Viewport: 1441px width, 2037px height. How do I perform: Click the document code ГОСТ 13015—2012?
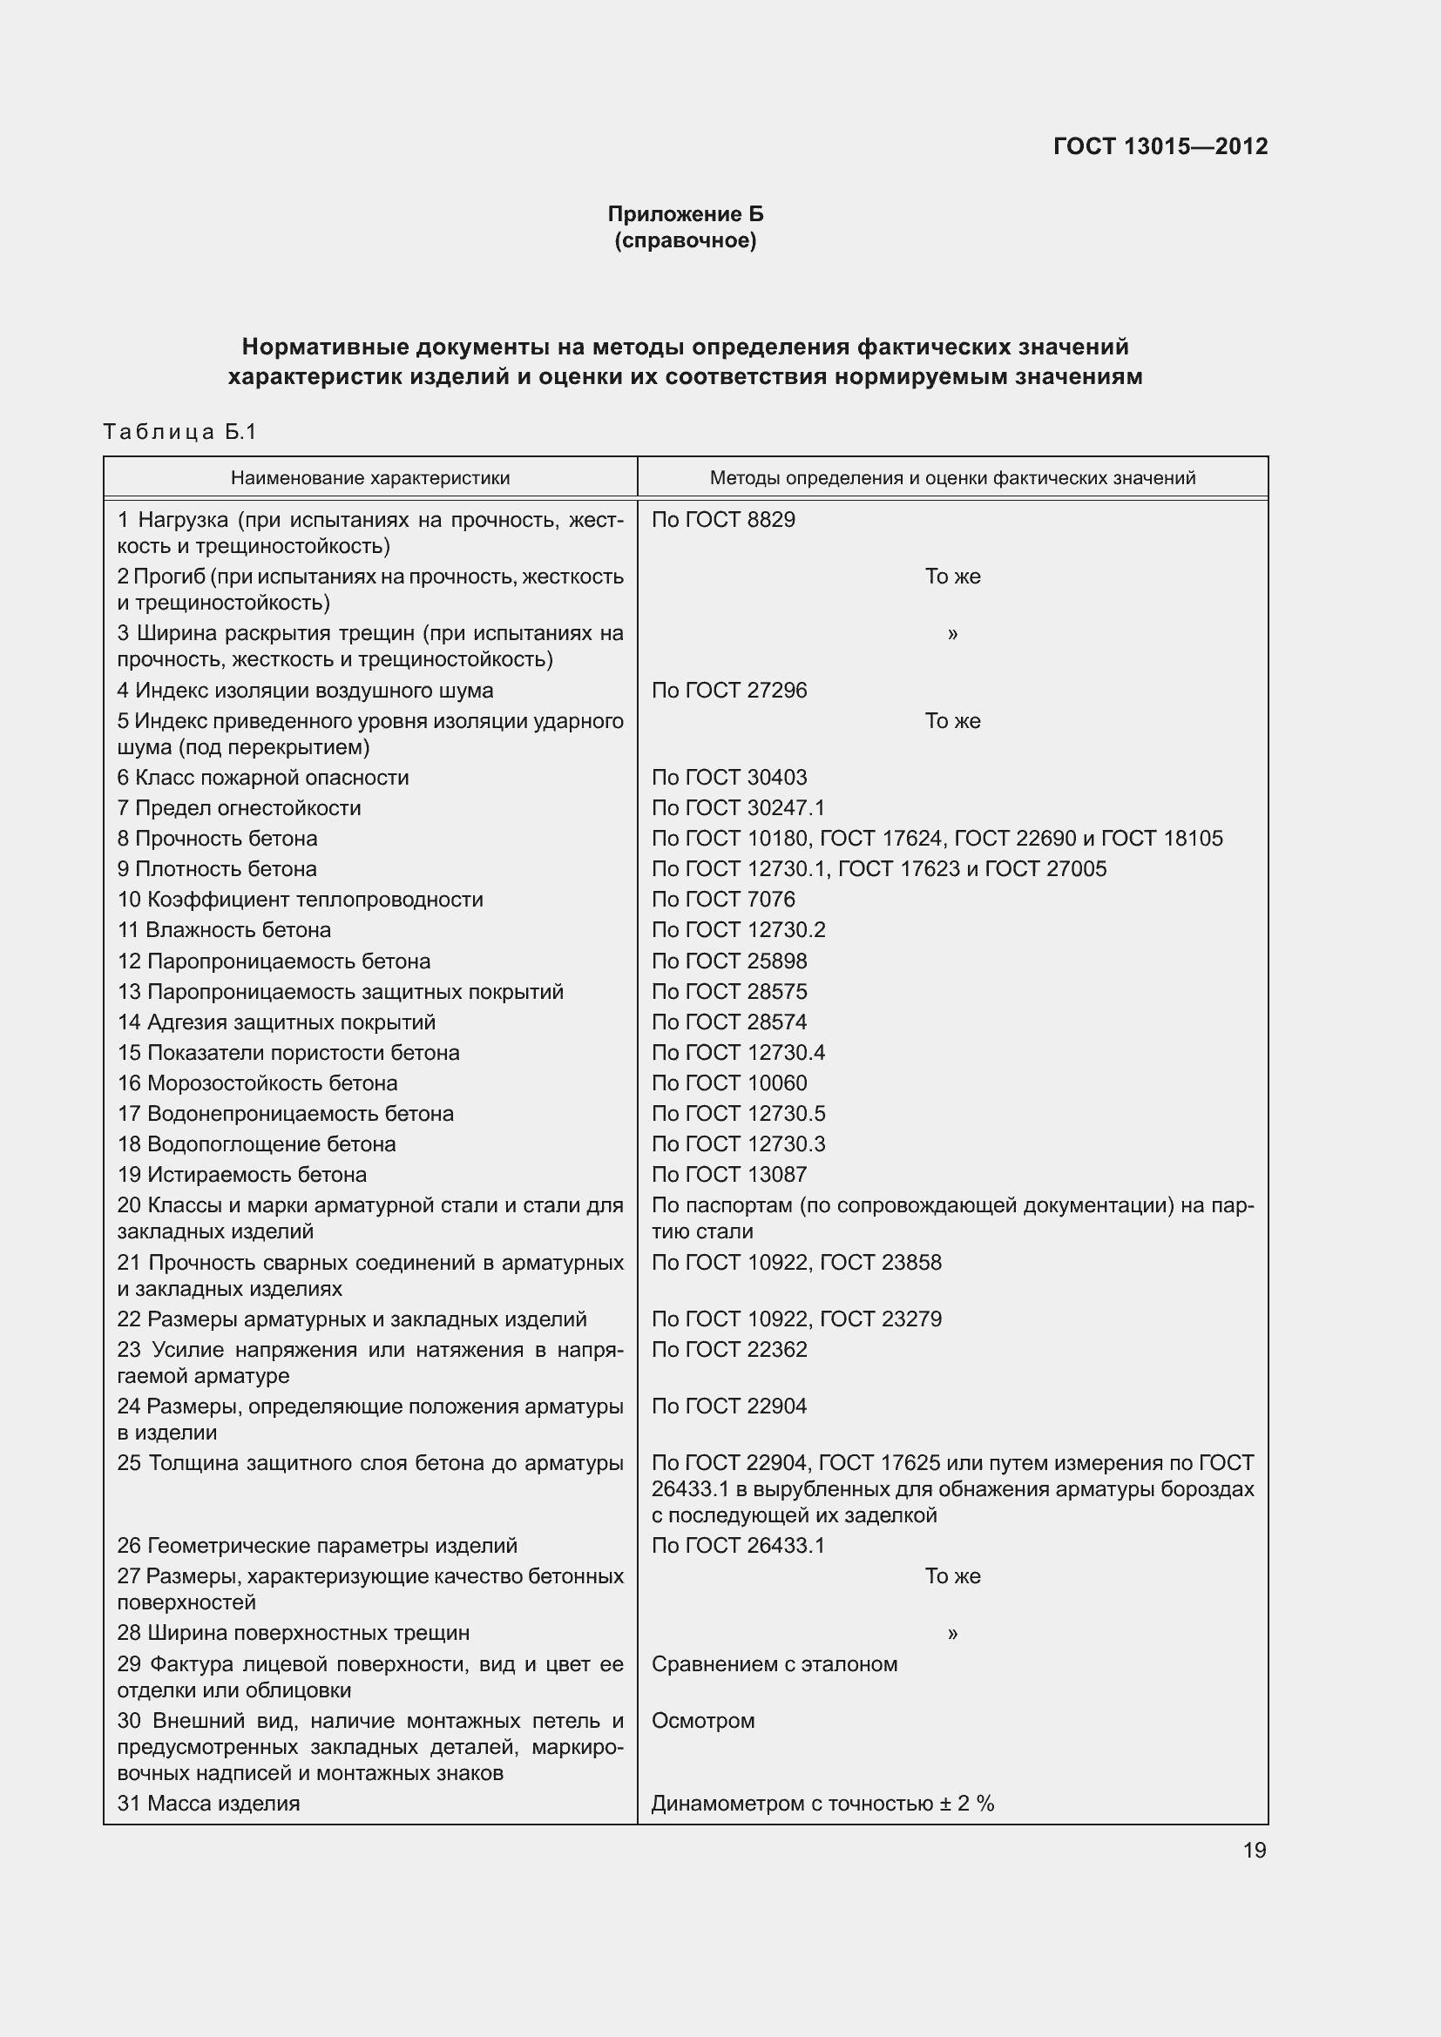click(1160, 146)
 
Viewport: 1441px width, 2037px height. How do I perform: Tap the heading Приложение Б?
click(685, 214)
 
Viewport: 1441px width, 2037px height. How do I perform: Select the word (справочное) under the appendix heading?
click(685, 240)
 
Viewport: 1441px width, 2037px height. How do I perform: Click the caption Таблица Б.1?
click(180, 432)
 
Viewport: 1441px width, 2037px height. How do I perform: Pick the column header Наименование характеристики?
click(370, 478)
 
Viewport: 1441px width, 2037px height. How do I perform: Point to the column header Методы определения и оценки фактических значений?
click(952, 478)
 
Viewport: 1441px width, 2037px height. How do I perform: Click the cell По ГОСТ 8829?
click(723, 520)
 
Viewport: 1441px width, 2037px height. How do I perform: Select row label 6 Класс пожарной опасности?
click(262, 778)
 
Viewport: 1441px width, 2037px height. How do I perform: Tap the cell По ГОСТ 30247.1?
click(738, 808)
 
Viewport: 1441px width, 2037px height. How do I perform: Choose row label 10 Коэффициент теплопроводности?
click(300, 900)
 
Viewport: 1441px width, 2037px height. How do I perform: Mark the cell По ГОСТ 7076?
click(723, 900)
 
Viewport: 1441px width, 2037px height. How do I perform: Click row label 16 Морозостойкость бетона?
click(257, 1083)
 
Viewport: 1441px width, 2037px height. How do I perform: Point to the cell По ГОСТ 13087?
click(729, 1175)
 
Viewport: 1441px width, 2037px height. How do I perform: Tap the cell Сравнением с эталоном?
click(774, 1664)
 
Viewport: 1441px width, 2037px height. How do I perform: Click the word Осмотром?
click(703, 1721)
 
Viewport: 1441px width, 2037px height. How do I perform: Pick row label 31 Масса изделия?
click(208, 1804)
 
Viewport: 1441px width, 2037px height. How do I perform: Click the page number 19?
click(1254, 1851)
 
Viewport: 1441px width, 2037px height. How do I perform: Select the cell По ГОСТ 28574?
click(729, 1022)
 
